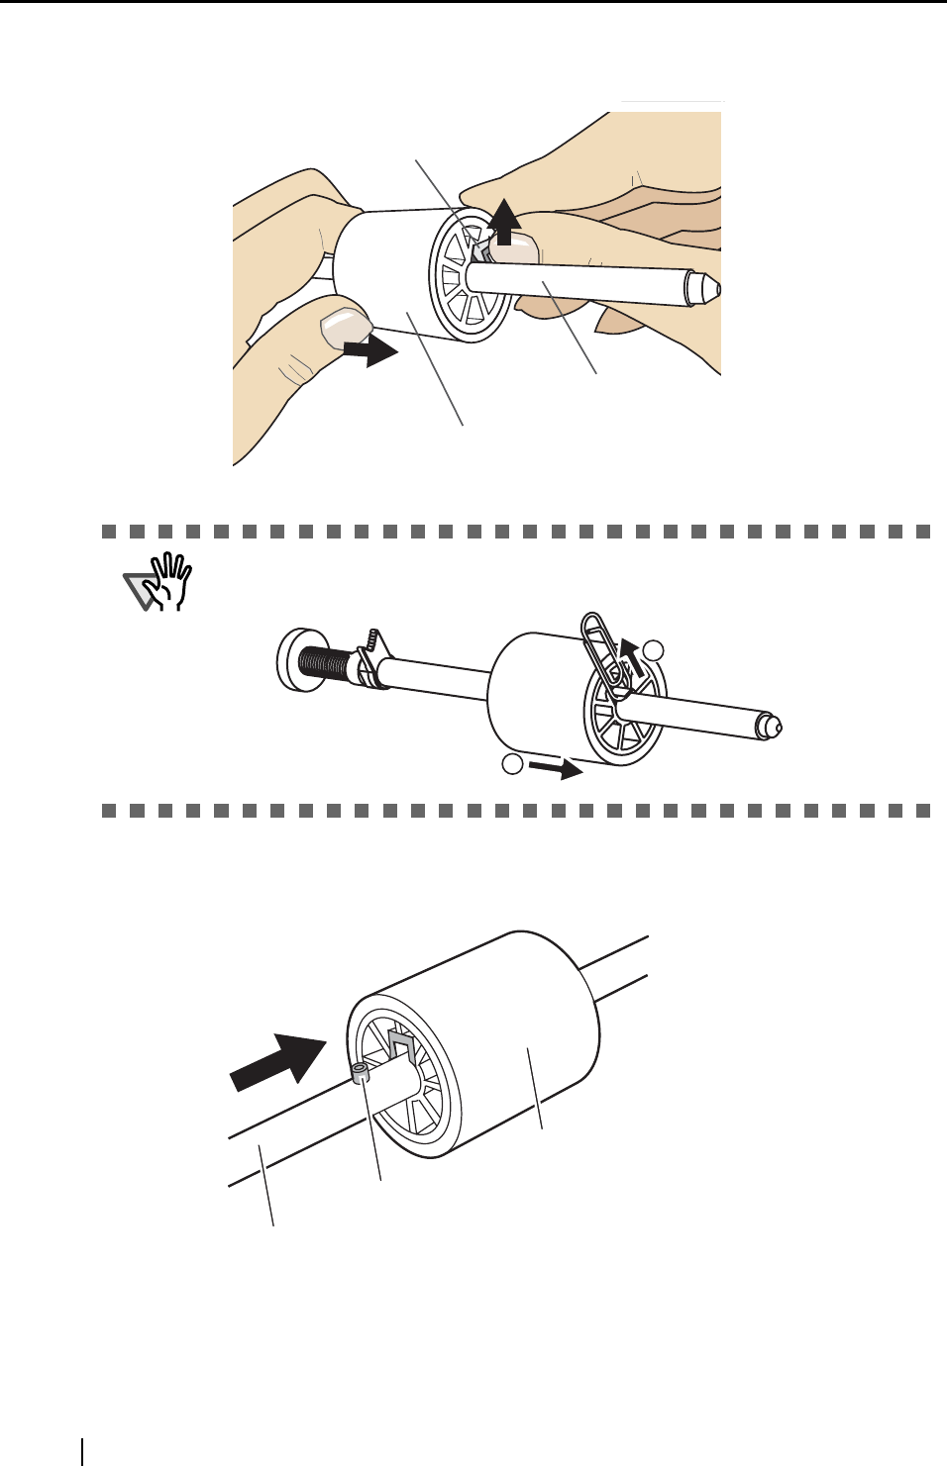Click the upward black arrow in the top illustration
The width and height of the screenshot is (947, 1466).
[505, 221]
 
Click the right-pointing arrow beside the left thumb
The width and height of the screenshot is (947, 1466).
[370, 349]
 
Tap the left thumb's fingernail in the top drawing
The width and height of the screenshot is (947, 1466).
[343, 324]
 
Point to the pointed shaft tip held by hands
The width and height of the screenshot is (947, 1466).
[705, 288]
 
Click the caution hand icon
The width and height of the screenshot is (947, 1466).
[158, 581]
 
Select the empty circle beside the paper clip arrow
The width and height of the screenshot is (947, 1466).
[653, 650]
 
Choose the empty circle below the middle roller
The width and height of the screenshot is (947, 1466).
[511, 763]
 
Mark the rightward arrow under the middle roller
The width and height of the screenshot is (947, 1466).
[556, 768]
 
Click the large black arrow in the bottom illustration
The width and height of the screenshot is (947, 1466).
[278, 1061]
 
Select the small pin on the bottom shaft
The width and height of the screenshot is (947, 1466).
[360, 1072]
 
